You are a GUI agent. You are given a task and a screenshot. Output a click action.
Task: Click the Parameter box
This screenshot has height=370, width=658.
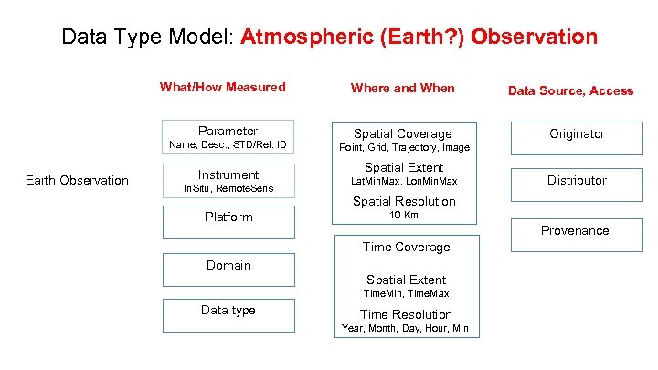(x=228, y=132)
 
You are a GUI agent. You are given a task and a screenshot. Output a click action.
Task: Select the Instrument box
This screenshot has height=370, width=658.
(x=228, y=174)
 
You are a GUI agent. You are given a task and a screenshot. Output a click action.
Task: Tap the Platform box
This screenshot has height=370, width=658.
(x=228, y=220)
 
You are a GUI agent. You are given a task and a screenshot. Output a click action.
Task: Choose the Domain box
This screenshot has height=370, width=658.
(x=228, y=269)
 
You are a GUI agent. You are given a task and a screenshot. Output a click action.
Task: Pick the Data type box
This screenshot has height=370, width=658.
(x=228, y=313)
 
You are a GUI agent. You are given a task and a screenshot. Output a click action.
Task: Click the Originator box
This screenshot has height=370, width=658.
(x=577, y=133)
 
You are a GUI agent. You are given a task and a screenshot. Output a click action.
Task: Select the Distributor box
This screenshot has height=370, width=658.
(x=577, y=180)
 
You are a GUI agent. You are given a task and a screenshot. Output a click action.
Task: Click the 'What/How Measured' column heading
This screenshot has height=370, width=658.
(x=222, y=88)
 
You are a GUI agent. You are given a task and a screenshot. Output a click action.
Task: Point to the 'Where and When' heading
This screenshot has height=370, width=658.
(x=402, y=88)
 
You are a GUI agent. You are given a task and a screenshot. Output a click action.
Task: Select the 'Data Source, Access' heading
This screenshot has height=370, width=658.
(x=570, y=90)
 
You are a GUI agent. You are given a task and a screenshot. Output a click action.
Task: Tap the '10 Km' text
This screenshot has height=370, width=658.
(x=404, y=216)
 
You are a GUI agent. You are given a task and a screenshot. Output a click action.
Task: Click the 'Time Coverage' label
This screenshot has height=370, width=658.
(x=406, y=247)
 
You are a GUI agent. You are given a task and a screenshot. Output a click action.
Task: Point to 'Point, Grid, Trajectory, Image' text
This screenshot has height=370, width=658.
(x=404, y=147)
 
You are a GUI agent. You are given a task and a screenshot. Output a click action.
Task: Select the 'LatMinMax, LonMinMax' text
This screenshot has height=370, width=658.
(x=404, y=181)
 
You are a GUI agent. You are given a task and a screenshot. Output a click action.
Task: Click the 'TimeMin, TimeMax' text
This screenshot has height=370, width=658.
(x=406, y=294)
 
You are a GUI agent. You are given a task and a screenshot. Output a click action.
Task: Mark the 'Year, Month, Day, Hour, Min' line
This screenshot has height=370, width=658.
(x=405, y=328)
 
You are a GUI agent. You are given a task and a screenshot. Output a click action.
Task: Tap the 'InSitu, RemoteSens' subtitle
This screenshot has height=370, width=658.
(x=228, y=188)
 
